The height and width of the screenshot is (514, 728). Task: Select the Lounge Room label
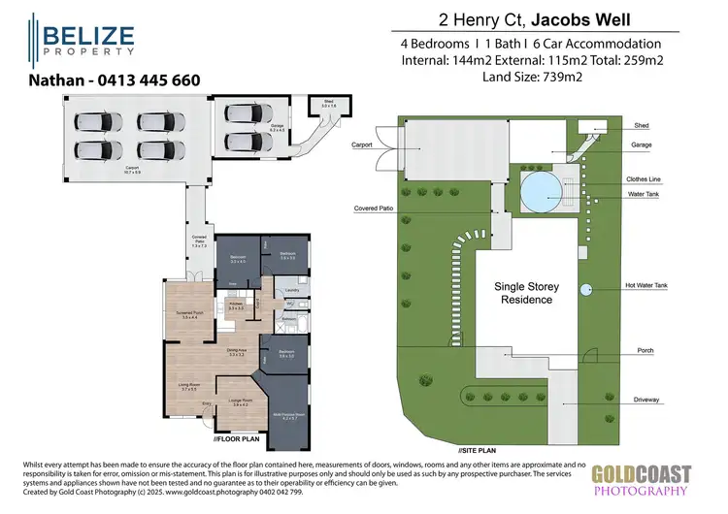click(241, 401)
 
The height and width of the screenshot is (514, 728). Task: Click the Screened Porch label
click(190, 315)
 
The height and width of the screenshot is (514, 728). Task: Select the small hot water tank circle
click(585, 289)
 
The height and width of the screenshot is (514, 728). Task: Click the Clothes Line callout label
click(647, 180)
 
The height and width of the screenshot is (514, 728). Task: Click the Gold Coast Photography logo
click(642, 481)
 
